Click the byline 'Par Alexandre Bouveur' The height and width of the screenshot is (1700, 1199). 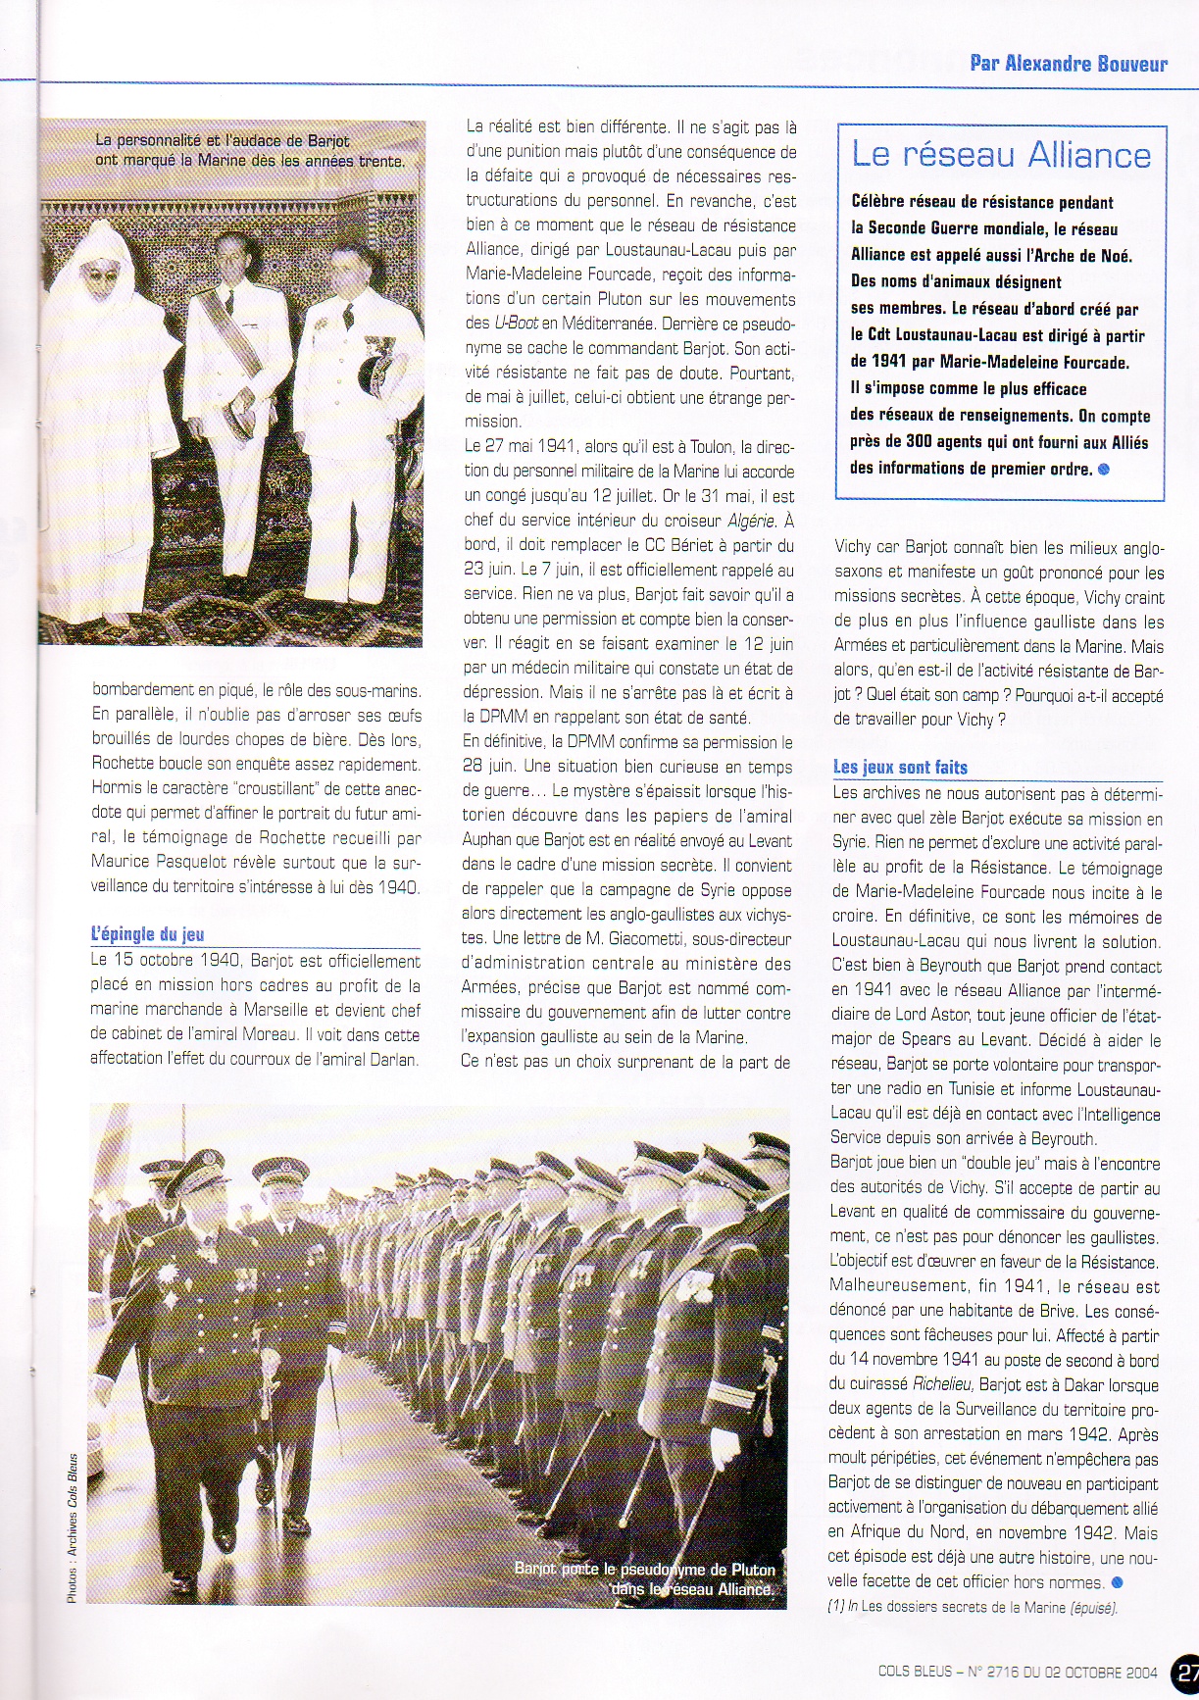pyautogui.click(x=1068, y=64)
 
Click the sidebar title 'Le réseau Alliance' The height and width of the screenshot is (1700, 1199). pyautogui.click(x=1000, y=155)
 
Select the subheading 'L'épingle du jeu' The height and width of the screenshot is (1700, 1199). pyautogui.click(x=147, y=934)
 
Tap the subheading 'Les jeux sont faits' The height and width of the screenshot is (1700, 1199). pyautogui.click(x=900, y=768)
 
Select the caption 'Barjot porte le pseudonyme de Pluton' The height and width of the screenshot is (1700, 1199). pyautogui.click(x=645, y=1570)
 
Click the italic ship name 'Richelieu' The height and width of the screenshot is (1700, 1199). pyautogui.click(x=943, y=1385)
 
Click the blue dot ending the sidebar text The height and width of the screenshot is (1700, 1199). pyautogui.click(x=1105, y=469)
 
